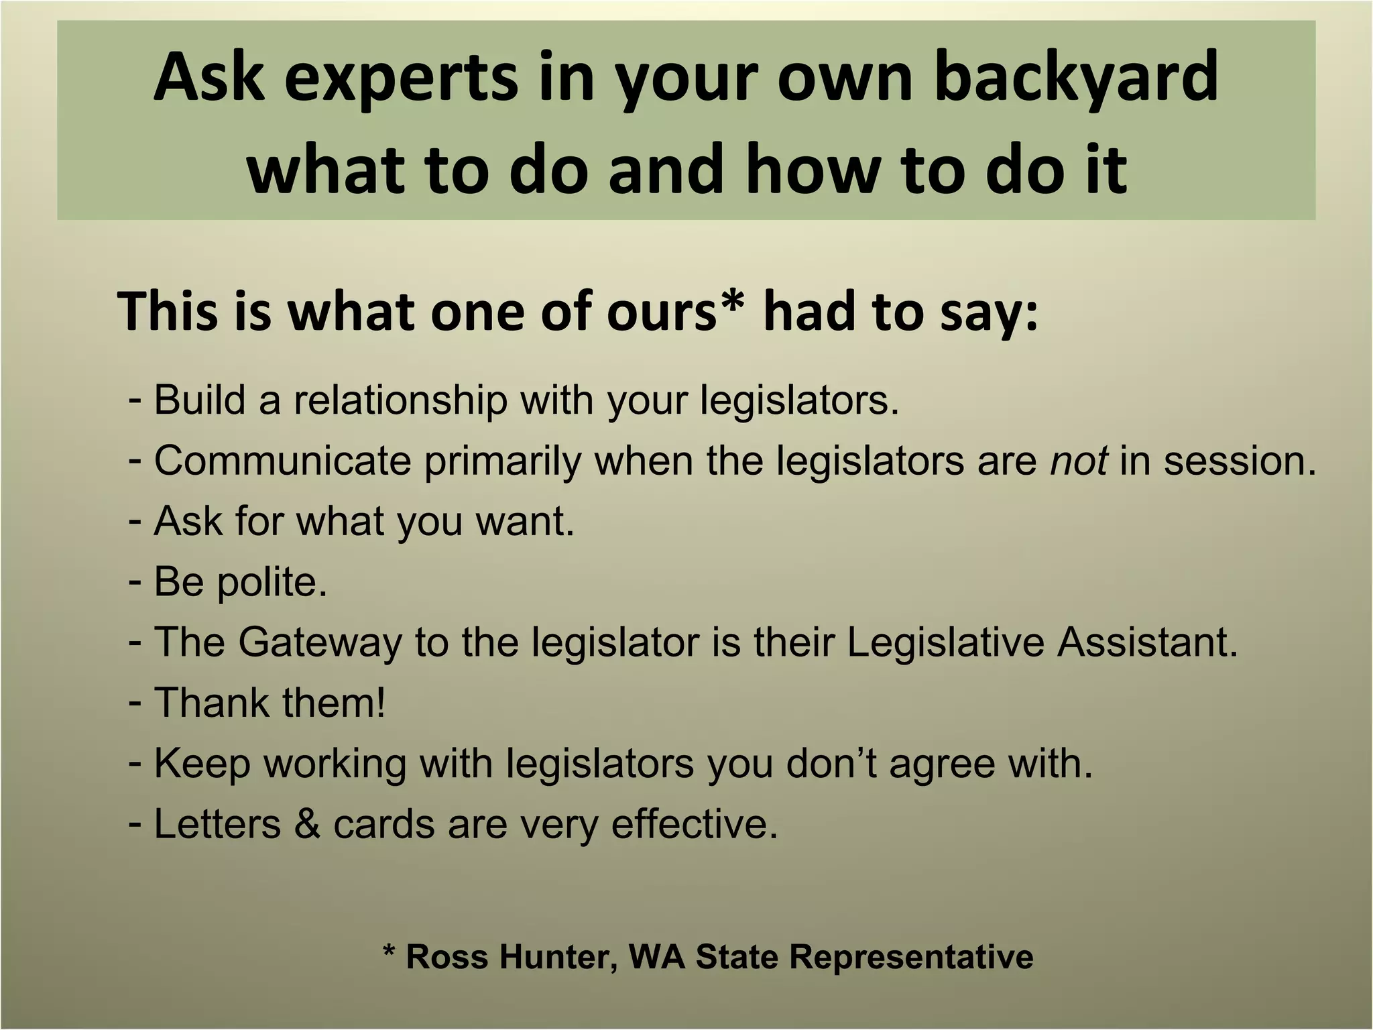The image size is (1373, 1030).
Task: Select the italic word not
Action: (x=1078, y=461)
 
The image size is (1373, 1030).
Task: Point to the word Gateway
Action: (x=320, y=642)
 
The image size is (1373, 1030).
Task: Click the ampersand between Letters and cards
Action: (x=307, y=824)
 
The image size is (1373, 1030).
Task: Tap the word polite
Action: (x=272, y=582)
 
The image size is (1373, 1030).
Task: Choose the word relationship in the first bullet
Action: (x=400, y=400)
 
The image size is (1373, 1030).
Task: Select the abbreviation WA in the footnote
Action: (x=657, y=956)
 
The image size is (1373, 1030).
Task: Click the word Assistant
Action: (x=1147, y=642)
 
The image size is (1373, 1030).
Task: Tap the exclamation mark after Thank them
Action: (x=381, y=703)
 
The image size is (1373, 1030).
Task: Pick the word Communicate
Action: (x=282, y=461)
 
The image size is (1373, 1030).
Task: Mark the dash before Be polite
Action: (x=135, y=581)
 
